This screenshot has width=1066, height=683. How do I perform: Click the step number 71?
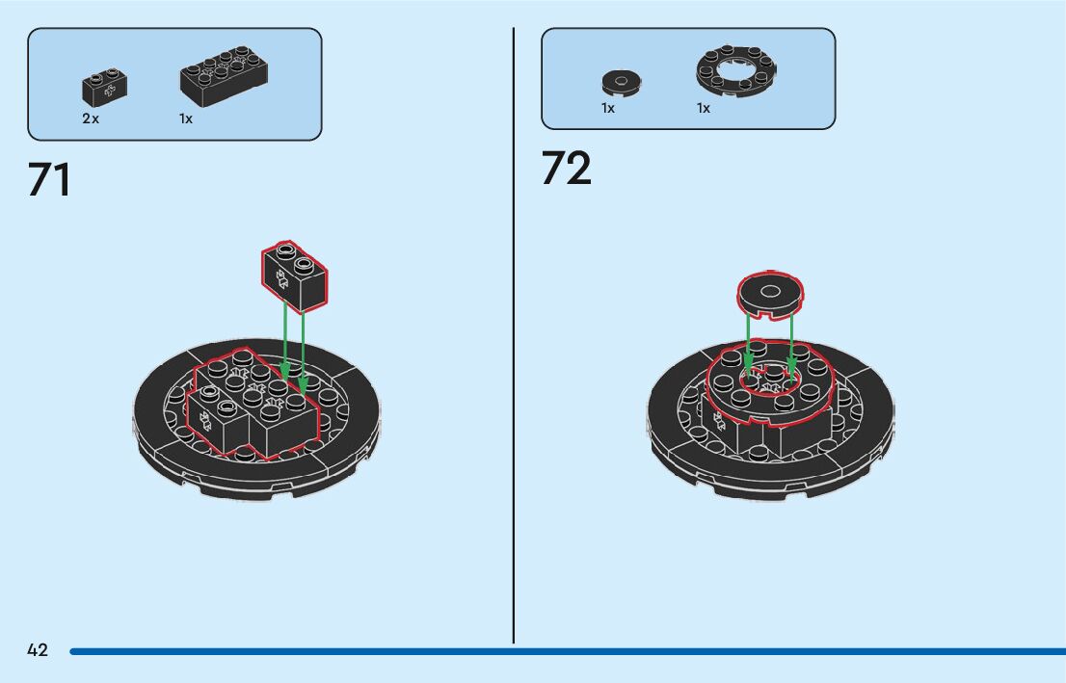click(x=49, y=179)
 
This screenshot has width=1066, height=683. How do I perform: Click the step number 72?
click(x=566, y=168)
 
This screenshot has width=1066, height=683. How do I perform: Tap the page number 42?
click(x=38, y=650)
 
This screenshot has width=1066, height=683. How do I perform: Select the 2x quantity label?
click(x=91, y=118)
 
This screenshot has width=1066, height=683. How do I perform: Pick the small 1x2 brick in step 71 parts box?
click(x=105, y=88)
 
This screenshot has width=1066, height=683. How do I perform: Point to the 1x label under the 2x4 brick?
click(x=186, y=118)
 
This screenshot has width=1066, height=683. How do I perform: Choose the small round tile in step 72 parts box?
click(x=622, y=83)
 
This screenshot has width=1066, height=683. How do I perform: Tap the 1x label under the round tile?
click(x=608, y=108)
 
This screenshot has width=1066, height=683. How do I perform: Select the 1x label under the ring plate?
click(x=704, y=108)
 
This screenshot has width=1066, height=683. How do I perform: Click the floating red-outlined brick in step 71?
click(x=294, y=276)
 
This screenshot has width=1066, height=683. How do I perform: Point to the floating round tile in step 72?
click(x=770, y=295)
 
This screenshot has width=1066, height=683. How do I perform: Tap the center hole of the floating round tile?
click(x=770, y=290)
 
